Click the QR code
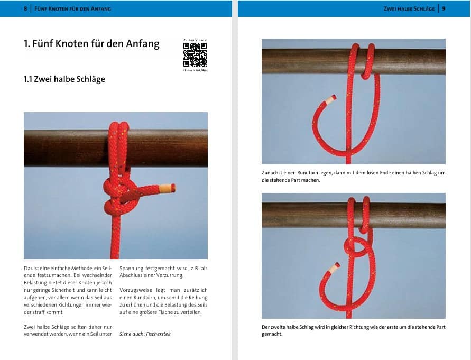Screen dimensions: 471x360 (195, 54)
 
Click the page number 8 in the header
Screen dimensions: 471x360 (25, 8)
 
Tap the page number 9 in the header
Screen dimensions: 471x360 (444, 8)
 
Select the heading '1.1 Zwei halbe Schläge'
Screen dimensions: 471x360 (64, 79)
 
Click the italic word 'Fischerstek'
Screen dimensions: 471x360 (158, 334)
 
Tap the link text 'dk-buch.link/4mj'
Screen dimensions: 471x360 (195, 70)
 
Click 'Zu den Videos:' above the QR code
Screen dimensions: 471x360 (195, 40)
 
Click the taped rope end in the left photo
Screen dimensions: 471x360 (168, 188)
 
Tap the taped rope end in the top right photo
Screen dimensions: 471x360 (330, 99)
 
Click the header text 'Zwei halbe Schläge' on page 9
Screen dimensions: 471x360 (409, 8)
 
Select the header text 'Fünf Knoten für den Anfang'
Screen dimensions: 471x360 (73, 8)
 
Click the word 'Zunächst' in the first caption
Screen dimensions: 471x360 (272, 173)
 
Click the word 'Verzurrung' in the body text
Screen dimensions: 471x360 (170, 275)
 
